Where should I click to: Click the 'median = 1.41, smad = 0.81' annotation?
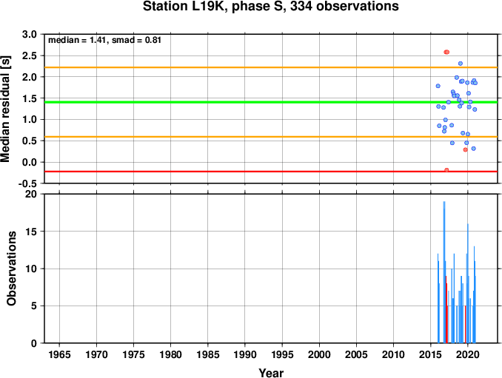point(104,40)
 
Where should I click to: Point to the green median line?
point(271,102)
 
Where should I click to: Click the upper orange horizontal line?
point(271,67)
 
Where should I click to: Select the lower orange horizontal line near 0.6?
point(271,137)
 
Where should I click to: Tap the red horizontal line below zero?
point(271,172)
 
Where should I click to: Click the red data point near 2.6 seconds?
point(446,52)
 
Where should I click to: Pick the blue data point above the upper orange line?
point(461,64)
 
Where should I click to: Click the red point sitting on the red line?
point(446,170)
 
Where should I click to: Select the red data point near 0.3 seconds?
point(466,149)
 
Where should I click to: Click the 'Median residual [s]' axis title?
point(6,109)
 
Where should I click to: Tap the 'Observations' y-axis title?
point(12,269)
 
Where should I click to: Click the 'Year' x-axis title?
point(271,373)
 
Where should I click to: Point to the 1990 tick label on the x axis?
point(245,354)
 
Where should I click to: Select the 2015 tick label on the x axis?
point(431,354)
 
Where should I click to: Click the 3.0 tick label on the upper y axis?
point(30,34)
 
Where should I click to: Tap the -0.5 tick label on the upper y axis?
point(27,183)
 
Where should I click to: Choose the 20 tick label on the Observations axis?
point(31,194)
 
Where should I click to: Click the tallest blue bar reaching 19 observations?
point(444,272)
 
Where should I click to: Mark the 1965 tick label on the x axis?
point(59,354)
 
